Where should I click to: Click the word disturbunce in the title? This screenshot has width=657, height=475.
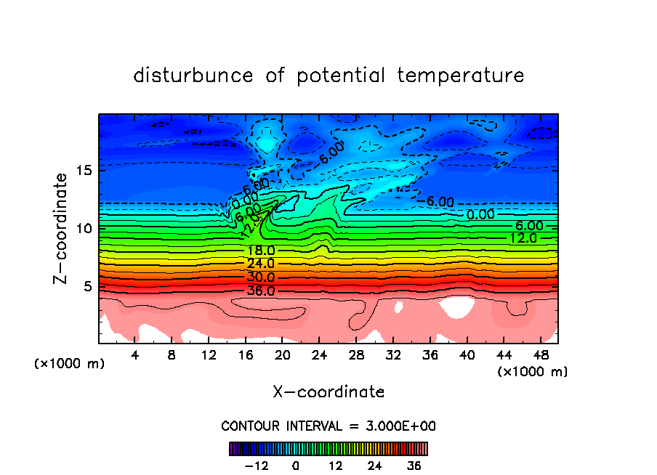(x=194, y=76)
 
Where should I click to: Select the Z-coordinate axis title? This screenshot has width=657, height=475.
(x=63, y=228)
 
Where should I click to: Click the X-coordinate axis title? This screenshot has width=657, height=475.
(x=328, y=392)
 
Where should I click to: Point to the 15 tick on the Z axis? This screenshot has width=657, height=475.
(x=84, y=171)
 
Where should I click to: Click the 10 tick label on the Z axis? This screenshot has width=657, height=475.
(x=84, y=228)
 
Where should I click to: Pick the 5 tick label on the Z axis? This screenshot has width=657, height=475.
(x=89, y=286)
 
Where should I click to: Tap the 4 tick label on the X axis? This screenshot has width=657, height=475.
(x=134, y=356)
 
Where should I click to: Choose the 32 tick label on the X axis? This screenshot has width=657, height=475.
(x=392, y=356)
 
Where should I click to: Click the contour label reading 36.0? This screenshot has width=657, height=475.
(x=261, y=291)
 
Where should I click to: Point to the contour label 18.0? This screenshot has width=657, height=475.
(x=261, y=251)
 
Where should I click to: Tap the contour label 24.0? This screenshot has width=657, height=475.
(x=261, y=264)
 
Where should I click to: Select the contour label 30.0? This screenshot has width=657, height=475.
(x=261, y=277)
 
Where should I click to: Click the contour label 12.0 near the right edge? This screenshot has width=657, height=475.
(x=523, y=238)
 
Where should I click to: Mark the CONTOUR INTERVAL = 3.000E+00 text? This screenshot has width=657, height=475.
(x=328, y=426)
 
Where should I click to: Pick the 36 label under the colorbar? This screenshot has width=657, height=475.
(x=413, y=466)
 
